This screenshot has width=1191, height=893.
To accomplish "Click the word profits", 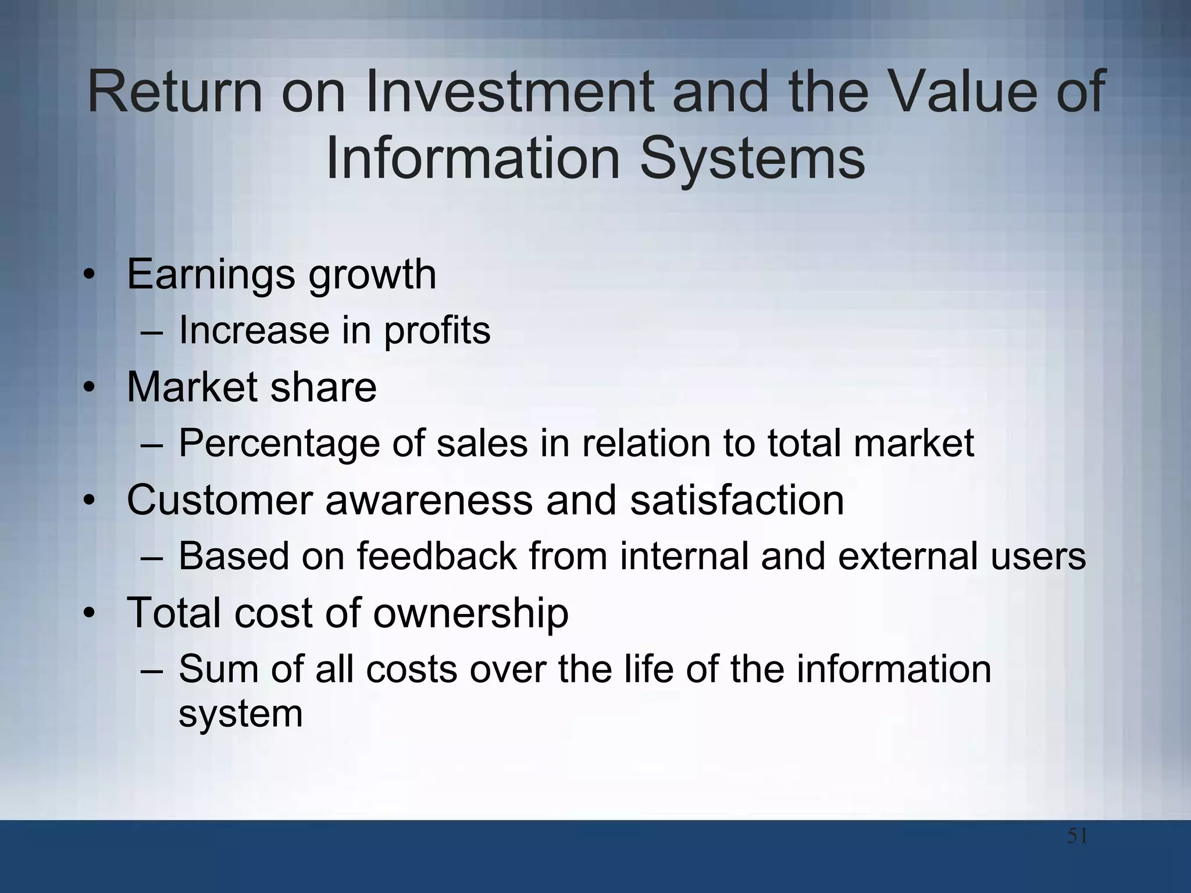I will pos(437,330).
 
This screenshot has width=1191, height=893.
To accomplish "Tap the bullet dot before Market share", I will pos(88,388).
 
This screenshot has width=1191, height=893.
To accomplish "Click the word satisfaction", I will pos(737,499).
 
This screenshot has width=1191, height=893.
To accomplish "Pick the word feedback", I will pos(437,555).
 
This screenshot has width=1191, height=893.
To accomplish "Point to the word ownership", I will pos(470,612).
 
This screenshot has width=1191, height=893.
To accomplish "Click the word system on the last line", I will pos(240,713).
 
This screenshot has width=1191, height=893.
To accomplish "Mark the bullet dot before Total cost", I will pos(88,613).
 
